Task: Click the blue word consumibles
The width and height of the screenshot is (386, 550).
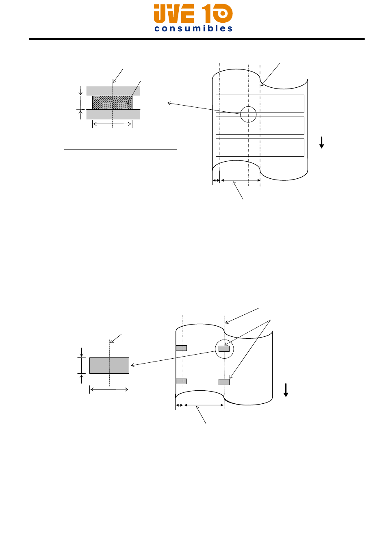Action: (193, 28)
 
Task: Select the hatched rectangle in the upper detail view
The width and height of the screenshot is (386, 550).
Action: (112, 103)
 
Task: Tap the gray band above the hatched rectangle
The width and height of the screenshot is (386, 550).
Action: (113, 91)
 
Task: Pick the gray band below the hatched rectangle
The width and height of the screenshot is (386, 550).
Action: (113, 115)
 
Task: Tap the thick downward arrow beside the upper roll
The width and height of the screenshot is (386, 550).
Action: (321, 143)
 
